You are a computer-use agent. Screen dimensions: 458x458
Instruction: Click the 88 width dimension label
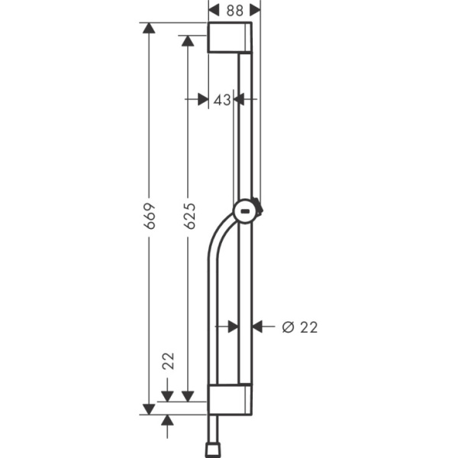coord(235,11)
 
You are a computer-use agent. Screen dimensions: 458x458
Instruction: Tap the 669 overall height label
coord(150,216)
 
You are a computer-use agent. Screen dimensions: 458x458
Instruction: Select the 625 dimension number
coord(189,216)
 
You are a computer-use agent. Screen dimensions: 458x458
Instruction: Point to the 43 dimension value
coord(222,100)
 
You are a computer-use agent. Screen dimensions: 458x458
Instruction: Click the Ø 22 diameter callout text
coord(300,327)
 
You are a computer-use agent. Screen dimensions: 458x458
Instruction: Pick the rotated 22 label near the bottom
coord(168,361)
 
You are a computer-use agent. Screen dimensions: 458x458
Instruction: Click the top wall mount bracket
coord(230,37)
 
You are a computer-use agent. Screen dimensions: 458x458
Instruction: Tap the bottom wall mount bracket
coord(230,399)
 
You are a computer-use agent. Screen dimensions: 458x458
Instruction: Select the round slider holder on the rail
coord(247,211)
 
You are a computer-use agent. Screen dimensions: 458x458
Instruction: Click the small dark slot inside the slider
coord(244,211)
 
